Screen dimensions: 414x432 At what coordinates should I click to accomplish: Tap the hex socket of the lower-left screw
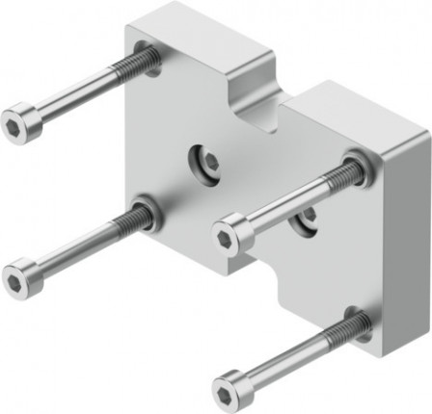(16, 280)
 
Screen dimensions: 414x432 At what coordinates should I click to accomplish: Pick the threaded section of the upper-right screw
(337, 178)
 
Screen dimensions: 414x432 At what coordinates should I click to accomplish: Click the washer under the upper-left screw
(148, 59)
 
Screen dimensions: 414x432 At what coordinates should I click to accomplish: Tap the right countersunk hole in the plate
(307, 222)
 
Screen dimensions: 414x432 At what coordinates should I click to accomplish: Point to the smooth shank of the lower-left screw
(72, 251)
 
